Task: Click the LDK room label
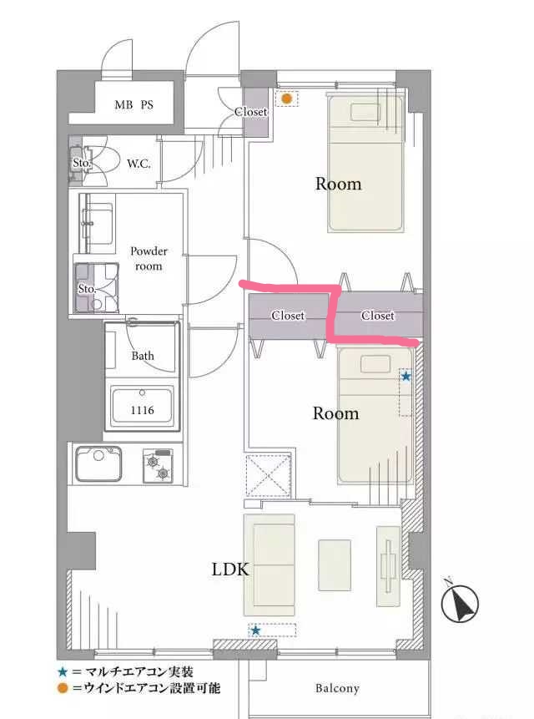[230, 570]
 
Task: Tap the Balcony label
[337, 688]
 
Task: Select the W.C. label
[139, 163]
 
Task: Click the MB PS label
[133, 105]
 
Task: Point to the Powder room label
[149, 259]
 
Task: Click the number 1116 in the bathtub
[142, 410]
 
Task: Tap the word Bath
[143, 356]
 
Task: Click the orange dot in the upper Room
[287, 99]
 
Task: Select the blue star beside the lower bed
[406, 377]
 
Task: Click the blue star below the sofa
[256, 630]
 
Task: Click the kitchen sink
[98, 463]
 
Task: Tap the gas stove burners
[158, 466]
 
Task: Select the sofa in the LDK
[270, 565]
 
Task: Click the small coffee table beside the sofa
[335, 565]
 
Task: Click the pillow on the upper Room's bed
[365, 113]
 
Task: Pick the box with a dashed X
[269, 475]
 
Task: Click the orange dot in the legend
[63, 688]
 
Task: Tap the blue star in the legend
[63, 672]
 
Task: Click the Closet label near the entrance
[250, 111]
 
